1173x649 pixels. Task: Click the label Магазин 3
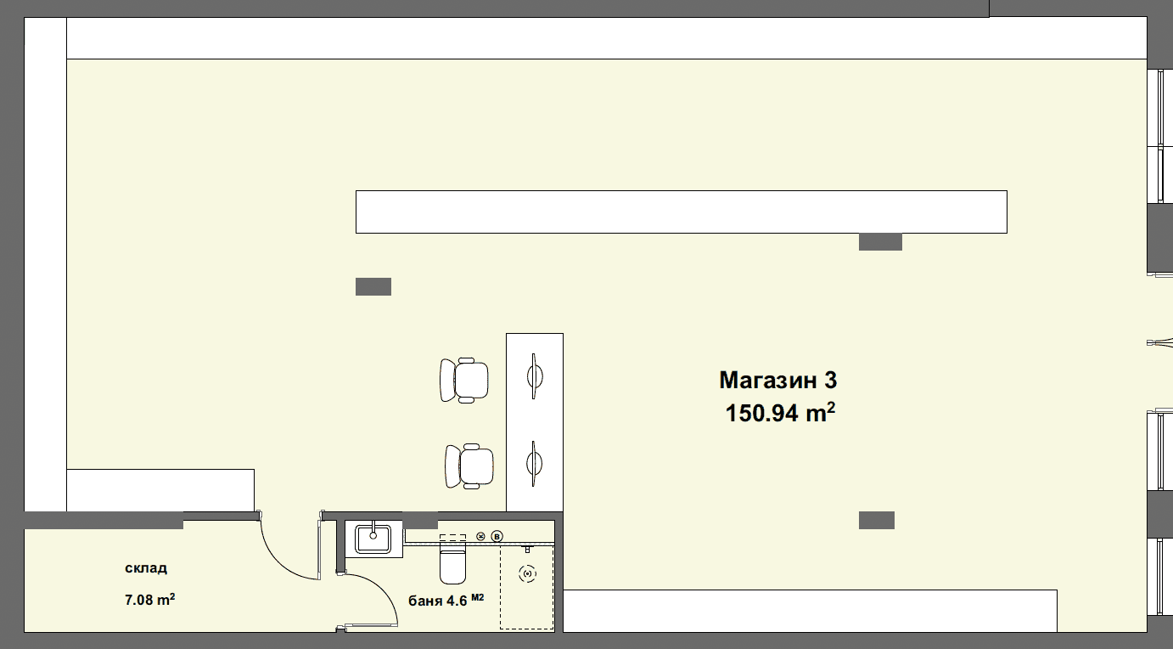[x=778, y=380]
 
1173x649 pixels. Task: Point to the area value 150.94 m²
[x=780, y=413]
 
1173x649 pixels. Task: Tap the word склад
[x=146, y=568]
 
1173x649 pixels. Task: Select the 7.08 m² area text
[x=149, y=599]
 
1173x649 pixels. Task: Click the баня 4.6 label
[x=437, y=601]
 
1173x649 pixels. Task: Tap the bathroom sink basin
[x=373, y=539]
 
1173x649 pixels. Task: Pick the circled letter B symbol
[x=497, y=536]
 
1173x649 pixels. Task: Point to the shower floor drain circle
[x=527, y=573]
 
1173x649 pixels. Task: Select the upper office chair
[x=464, y=380]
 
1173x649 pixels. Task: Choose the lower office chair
[x=469, y=466]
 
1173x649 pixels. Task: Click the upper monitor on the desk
[x=534, y=375]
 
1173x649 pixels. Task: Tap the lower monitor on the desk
[x=534, y=464]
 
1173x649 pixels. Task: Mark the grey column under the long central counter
[x=880, y=241]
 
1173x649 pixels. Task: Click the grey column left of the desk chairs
[x=373, y=287]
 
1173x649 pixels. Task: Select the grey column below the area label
[x=877, y=520]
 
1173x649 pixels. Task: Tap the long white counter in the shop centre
[x=682, y=212]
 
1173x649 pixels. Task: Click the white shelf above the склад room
[x=160, y=490]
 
